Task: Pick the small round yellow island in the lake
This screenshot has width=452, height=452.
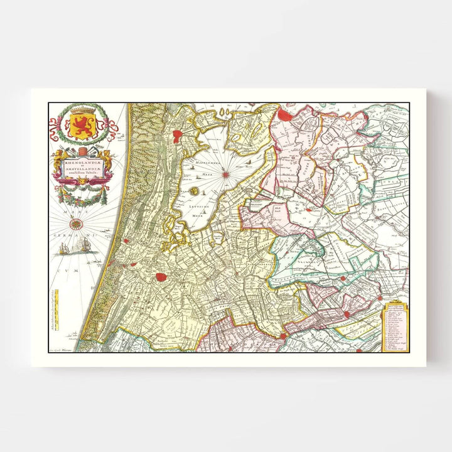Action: tap(193, 190)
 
